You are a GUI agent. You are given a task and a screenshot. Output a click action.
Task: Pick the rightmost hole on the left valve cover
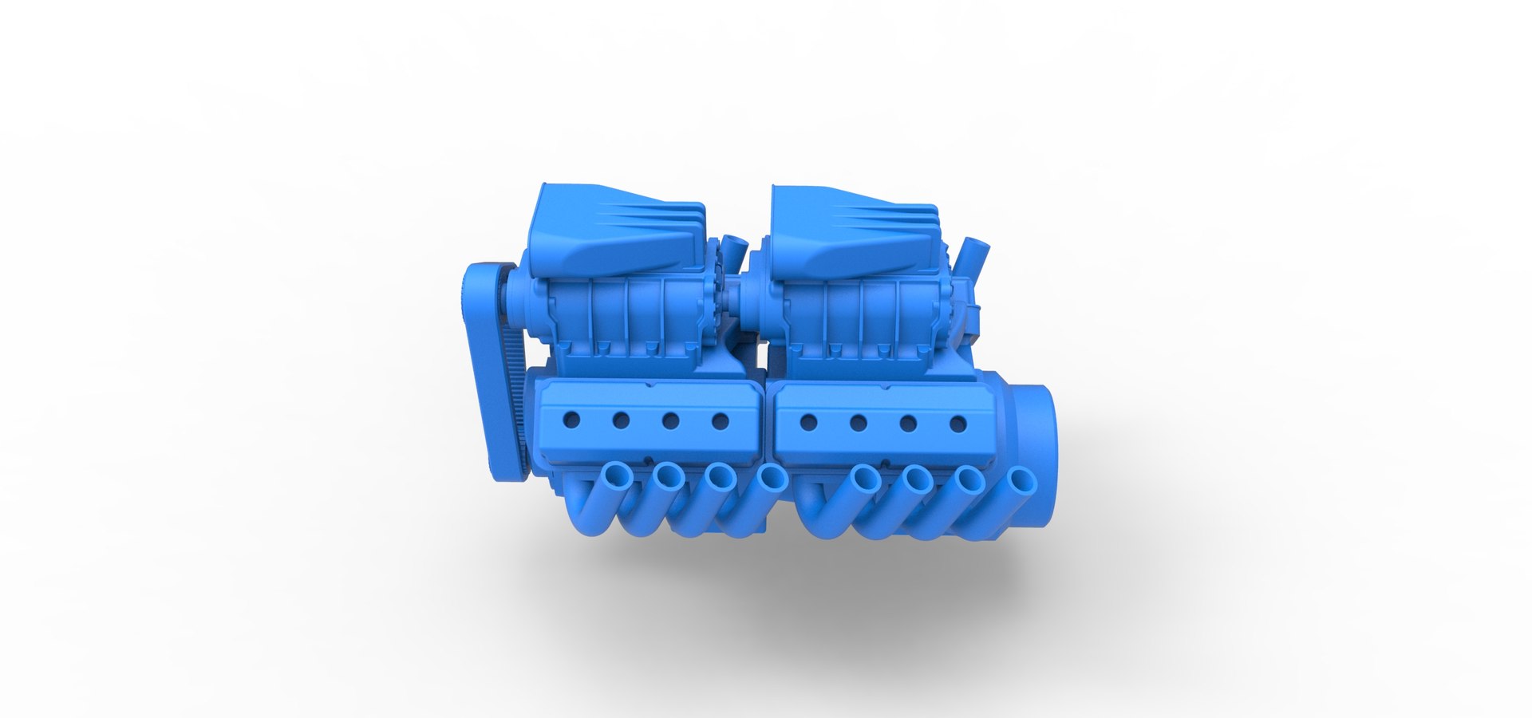[x=720, y=420]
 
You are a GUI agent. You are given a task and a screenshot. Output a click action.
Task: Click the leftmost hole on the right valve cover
[x=807, y=421]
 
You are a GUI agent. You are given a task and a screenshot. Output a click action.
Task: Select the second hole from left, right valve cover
[x=858, y=422]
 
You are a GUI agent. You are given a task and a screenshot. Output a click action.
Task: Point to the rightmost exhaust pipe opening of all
[x=1021, y=482]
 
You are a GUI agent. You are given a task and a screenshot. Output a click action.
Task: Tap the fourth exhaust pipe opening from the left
[x=772, y=479]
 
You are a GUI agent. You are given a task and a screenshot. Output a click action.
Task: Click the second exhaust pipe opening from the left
[x=668, y=478]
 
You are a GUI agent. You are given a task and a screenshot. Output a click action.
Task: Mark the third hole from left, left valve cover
[x=670, y=420]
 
